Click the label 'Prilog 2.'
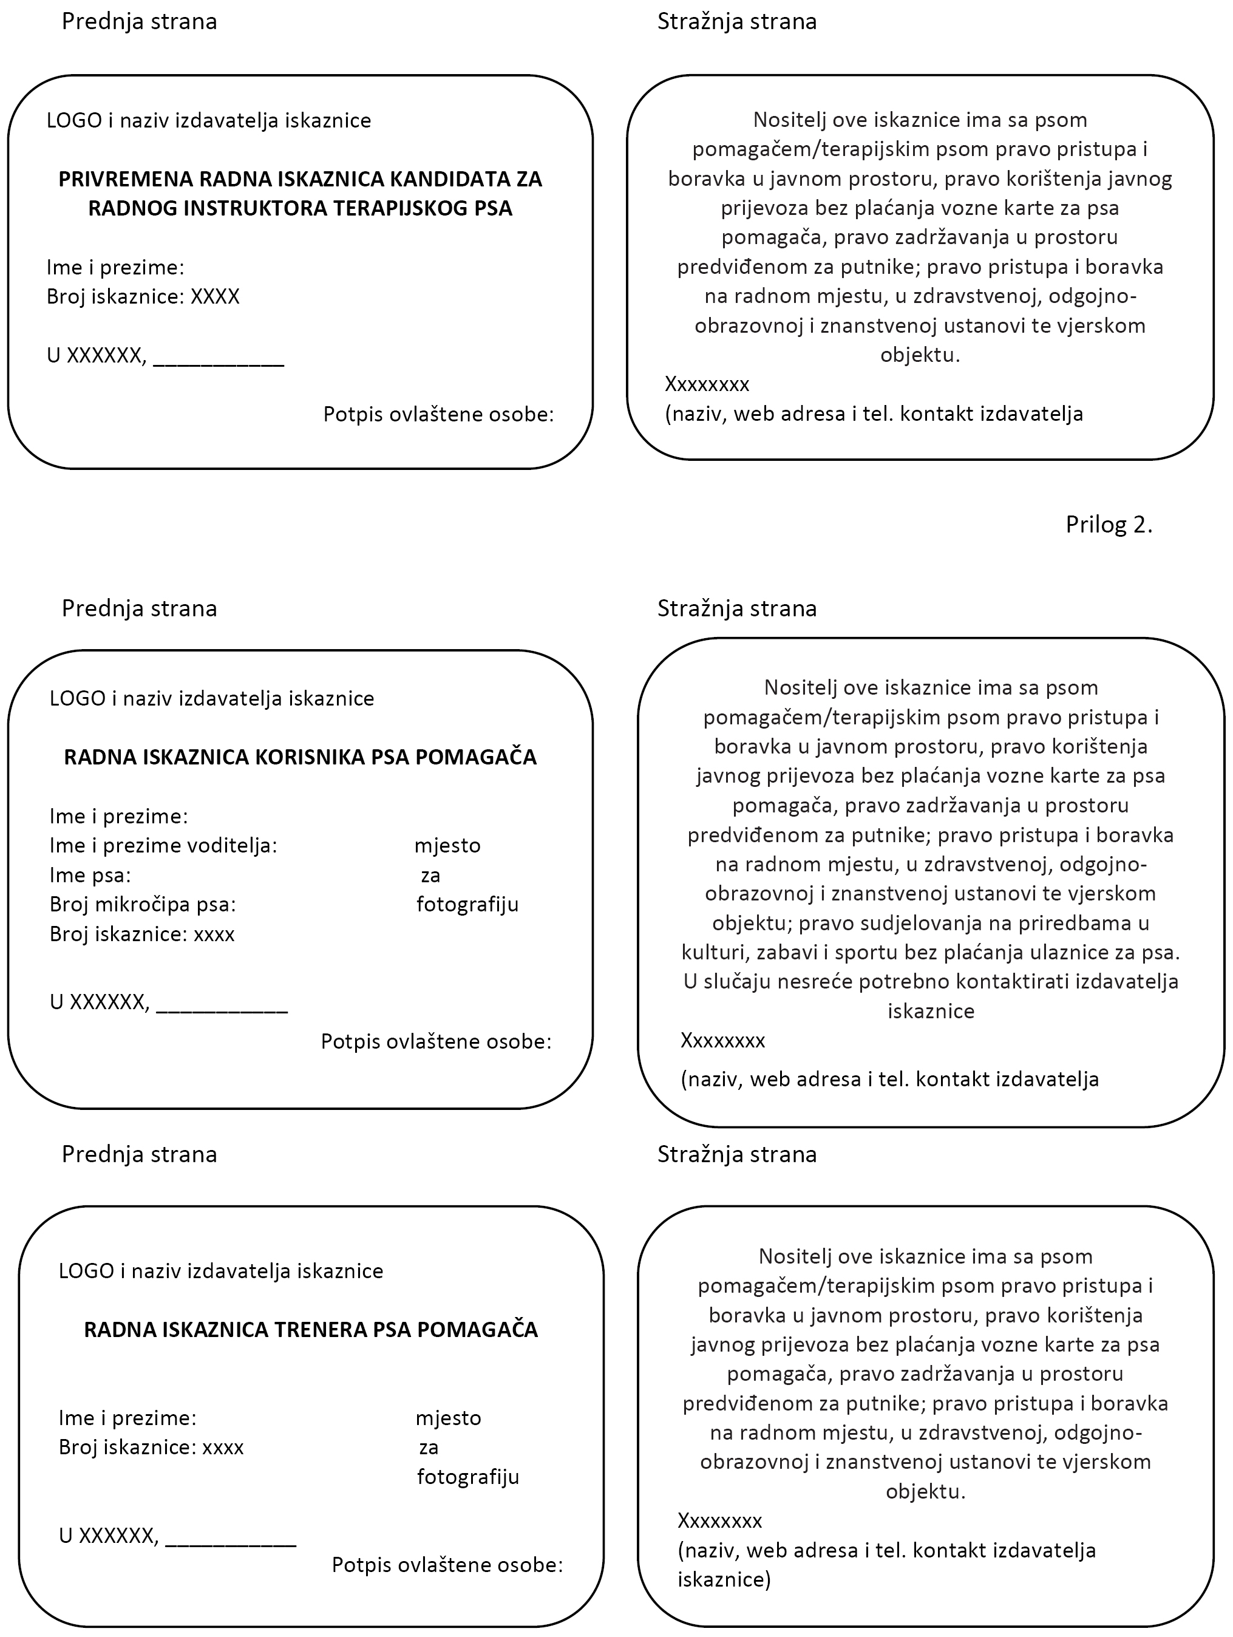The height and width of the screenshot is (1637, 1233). pos(1108,525)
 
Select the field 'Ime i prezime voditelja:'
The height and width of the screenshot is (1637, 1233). pos(163,846)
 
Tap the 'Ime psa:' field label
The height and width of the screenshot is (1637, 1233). pos(90,876)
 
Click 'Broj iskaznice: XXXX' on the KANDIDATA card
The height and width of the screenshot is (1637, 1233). pos(143,298)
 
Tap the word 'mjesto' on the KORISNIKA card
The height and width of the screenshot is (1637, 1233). pos(447,846)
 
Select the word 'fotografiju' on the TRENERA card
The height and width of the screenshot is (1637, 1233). pos(467,1477)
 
